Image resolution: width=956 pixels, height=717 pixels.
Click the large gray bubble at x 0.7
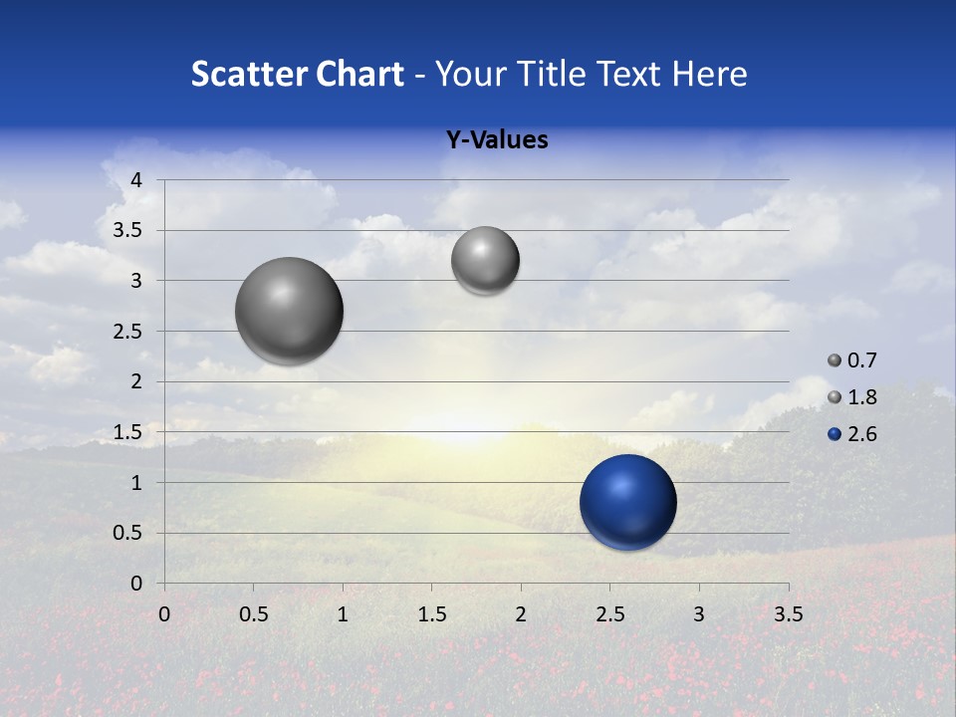290,311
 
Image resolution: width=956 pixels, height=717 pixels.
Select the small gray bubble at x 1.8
485,261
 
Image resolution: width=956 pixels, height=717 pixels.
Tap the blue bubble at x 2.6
627,502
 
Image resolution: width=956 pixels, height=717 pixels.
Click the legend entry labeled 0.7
852,360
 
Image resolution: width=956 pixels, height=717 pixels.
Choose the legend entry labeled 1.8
852,397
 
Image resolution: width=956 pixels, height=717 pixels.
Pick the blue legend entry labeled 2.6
852,434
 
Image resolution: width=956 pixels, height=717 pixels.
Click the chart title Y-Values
496,140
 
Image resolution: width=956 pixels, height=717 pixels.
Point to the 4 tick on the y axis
137,180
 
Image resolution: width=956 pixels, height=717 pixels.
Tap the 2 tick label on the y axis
137,381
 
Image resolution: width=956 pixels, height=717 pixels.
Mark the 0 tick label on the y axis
137,584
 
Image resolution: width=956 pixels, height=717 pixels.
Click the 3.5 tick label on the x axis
788,614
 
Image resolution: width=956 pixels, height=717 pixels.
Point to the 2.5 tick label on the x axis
609,614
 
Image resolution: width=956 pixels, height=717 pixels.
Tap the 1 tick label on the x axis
343,614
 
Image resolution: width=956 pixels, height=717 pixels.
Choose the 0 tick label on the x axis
164,614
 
